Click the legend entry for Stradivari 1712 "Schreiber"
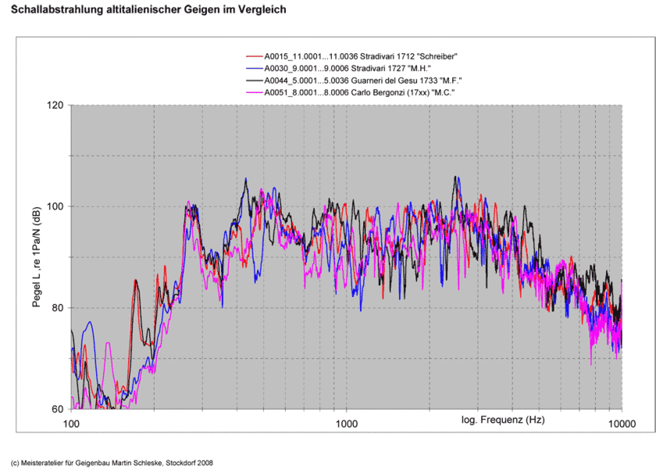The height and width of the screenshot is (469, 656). coord(360,56)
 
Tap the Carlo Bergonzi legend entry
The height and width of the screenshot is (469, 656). coord(360,92)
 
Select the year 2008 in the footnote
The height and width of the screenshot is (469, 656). coord(202,461)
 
